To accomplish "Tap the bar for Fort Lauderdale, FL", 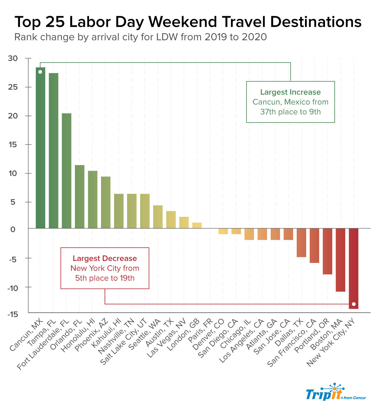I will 66,171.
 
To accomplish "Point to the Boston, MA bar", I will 340,260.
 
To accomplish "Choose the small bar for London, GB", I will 197,225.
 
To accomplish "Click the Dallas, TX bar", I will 301,242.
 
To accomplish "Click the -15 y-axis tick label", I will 13,314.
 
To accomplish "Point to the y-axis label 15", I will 13,145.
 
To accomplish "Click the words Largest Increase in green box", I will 290,92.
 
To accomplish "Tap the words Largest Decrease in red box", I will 105,259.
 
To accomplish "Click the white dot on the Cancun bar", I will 40,72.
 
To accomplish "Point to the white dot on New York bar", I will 353,304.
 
